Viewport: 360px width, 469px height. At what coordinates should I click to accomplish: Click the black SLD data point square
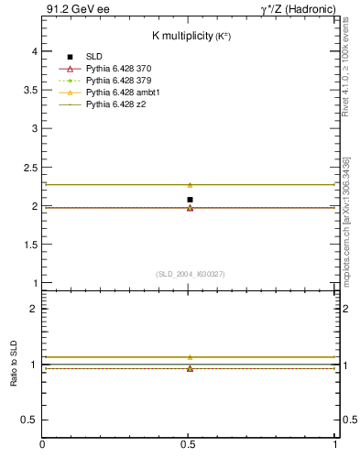coord(190,200)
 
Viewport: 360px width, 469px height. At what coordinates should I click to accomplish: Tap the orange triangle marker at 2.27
coord(190,185)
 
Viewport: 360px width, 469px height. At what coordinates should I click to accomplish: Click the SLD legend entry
coord(94,57)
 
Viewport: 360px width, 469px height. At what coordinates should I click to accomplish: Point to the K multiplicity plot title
coord(191,36)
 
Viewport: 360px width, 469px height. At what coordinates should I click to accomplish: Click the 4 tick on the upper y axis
coord(35,51)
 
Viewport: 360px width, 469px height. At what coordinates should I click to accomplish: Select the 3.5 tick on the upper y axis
coord(31,90)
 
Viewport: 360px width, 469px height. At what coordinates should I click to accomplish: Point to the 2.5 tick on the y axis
coord(31,168)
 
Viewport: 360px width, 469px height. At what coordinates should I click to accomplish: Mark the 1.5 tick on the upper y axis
coord(31,245)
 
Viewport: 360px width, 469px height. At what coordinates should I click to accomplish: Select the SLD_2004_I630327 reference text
coord(191,274)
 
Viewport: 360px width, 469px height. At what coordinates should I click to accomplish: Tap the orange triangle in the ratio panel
coord(190,357)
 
